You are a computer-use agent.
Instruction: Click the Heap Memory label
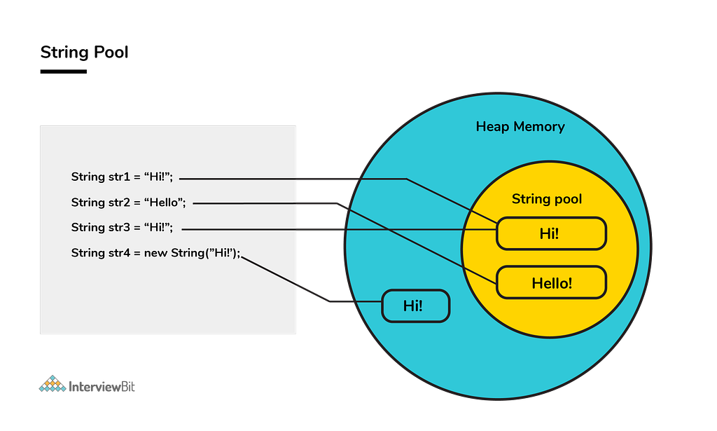click(x=520, y=127)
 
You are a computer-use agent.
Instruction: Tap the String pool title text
click(x=546, y=199)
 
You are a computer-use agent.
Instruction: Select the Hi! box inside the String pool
click(x=550, y=233)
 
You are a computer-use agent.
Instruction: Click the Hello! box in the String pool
click(x=551, y=283)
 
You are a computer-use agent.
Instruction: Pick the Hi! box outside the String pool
click(x=415, y=306)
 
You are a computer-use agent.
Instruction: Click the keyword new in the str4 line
click(x=155, y=253)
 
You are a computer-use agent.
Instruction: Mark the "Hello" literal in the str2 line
click(x=165, y=203)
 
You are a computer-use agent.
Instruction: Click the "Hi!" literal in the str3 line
click(x=158, y=228)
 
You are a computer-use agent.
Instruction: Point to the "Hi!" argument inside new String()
click(x=222, y=253)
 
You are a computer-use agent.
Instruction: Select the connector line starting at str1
click(x=280, y=179)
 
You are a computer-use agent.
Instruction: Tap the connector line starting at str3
click(x=280, y=229)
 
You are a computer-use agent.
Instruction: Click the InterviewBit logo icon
click(x=51, y=384)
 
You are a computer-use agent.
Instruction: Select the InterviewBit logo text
click(x=102, y=386)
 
